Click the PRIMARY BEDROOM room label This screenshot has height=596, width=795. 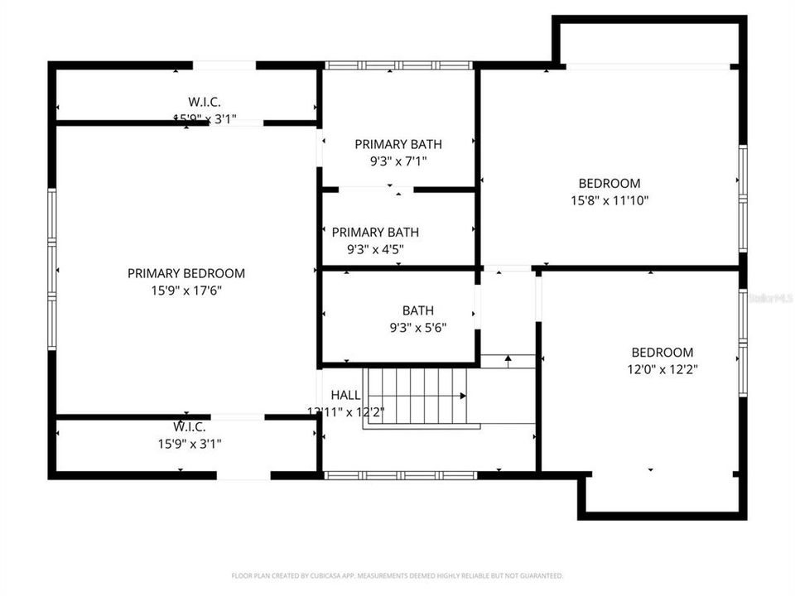185,273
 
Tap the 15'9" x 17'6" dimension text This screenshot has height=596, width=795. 185,291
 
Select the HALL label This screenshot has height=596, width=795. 345,394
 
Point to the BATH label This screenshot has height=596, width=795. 418,310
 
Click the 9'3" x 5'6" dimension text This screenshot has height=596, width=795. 418,327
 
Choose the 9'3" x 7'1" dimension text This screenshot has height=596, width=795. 398,161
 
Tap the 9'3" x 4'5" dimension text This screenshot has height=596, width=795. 375,248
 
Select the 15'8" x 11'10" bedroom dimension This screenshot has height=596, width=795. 609,200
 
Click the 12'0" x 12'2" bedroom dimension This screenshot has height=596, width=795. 662,369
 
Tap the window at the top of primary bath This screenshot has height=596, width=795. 398,65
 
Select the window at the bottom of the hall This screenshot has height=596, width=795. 400,475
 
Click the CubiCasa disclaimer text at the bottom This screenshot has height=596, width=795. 397,575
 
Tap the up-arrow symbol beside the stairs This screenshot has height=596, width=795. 508,361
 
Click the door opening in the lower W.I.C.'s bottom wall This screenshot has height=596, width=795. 243,475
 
